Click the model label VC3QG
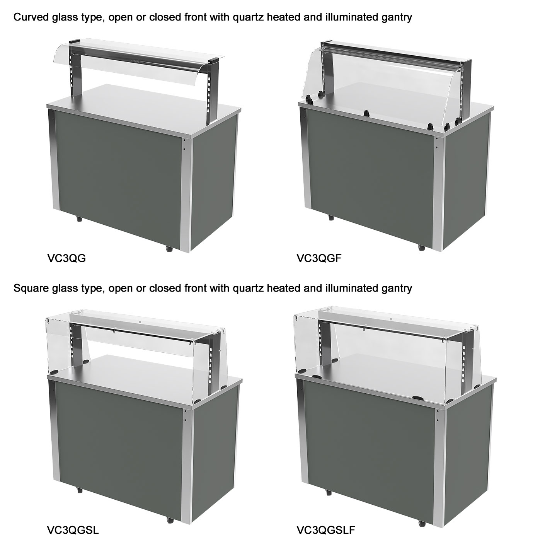tap(66, 258)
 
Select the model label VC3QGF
tap(319, 258)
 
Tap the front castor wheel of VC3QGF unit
tap(421, 248)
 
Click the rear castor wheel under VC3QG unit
tap(79, 219)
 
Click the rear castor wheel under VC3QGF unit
tap(330, 218)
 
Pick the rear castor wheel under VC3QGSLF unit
tap(329, 492)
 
